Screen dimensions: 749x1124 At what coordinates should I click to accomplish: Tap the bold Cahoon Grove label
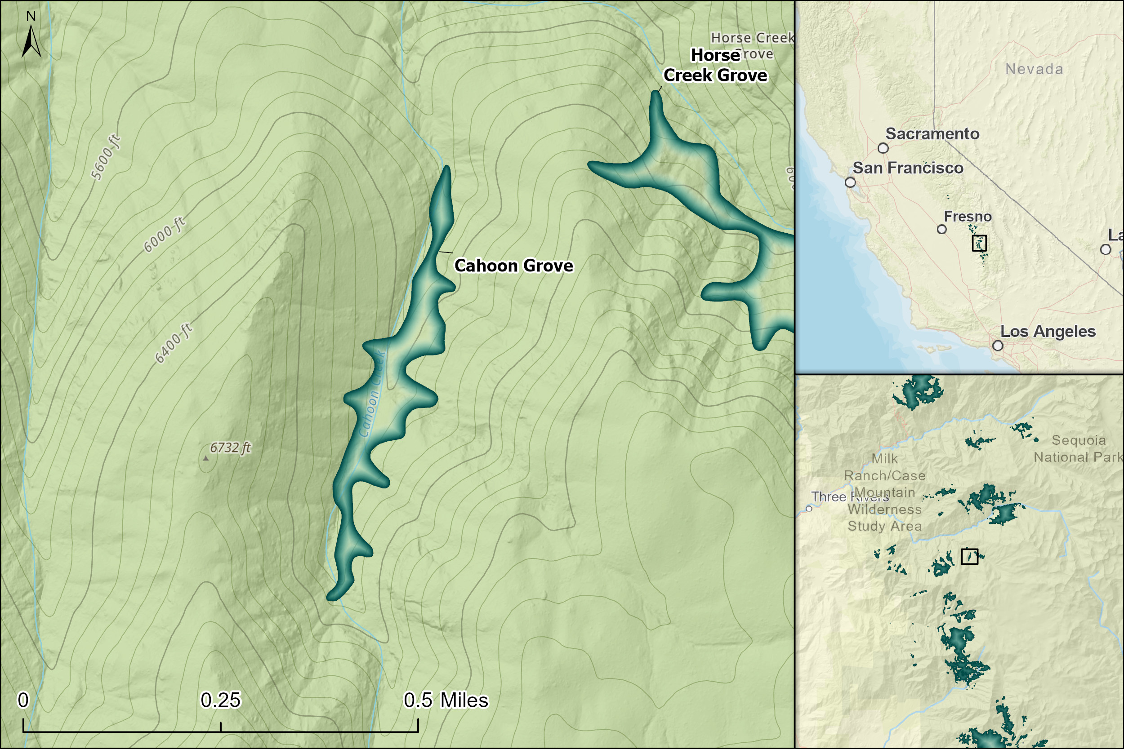[513, 266]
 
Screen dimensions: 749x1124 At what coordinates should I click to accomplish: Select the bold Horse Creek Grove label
[715, 66]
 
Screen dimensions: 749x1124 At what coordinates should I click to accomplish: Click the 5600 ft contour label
[106, 158]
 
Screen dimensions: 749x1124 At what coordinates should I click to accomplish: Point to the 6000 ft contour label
[165, 235]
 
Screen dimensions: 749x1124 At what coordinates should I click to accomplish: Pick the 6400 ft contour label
[174, 343]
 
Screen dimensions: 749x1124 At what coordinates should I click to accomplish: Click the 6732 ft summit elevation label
[230, 448]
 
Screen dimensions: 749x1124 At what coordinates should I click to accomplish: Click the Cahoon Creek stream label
[372, 394]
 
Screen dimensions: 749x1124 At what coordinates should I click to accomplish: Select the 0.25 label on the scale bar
[220, 700]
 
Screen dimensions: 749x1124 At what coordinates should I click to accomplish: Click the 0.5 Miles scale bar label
[446, 700]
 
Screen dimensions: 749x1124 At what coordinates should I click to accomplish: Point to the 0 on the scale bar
[23, 700]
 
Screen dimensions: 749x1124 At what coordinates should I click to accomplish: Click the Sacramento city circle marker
[883, 149]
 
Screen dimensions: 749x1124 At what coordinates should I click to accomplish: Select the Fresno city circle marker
[941, 229]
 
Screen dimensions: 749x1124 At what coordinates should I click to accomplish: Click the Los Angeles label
[1048, 332]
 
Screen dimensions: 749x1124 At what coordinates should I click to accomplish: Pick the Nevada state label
[1034, 69]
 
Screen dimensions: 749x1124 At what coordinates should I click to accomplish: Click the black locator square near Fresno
[979, 243]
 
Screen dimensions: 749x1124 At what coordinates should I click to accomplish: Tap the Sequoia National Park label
[1078, 448]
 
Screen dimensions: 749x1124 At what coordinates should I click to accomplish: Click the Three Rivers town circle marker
[809, 509]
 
